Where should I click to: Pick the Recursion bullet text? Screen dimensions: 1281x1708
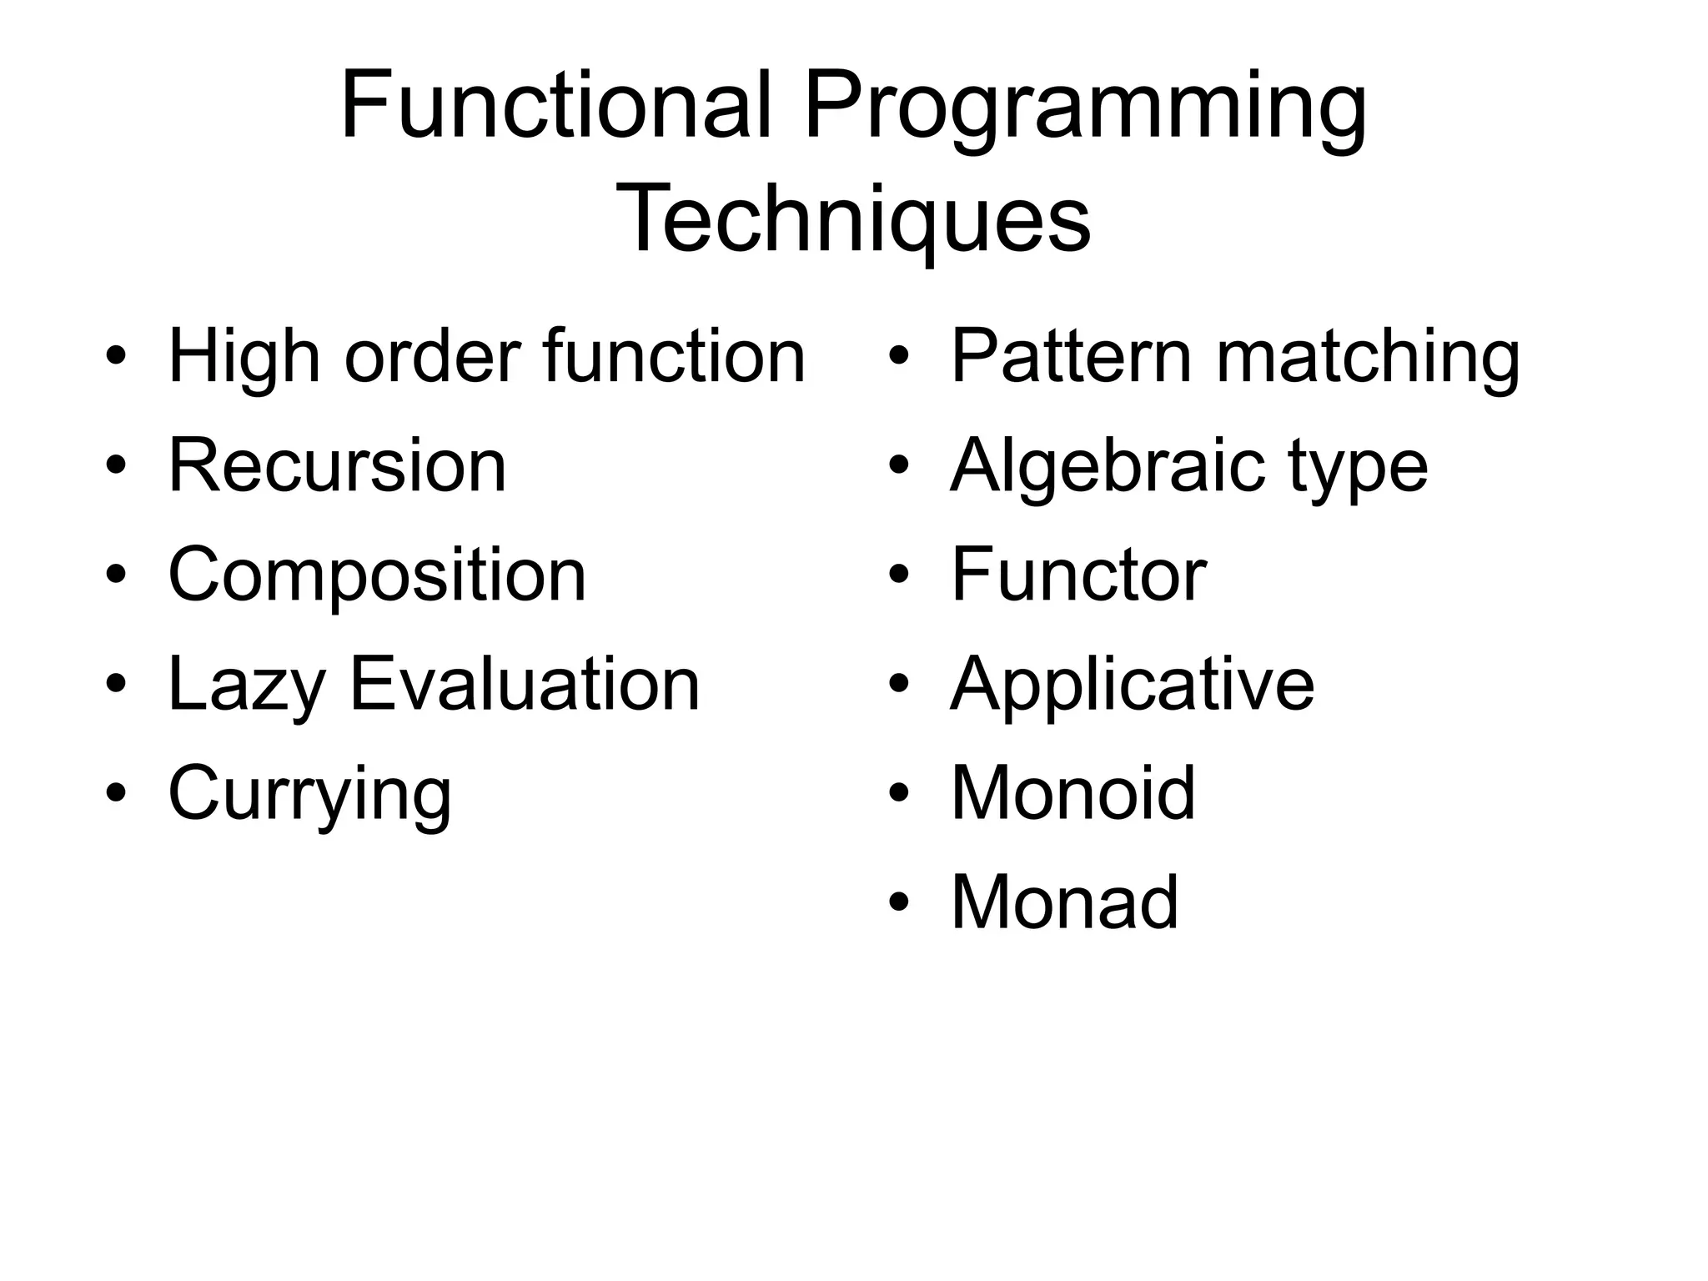337,465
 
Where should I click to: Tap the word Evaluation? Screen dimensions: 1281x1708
525,684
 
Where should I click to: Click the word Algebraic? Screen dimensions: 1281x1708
1106,467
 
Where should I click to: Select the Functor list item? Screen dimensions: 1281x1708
1078,575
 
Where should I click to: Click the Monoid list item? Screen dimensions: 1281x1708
1073,793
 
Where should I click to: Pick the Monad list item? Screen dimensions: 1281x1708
1064,902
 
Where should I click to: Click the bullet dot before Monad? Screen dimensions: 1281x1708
898,903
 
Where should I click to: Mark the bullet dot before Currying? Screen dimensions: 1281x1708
116,793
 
